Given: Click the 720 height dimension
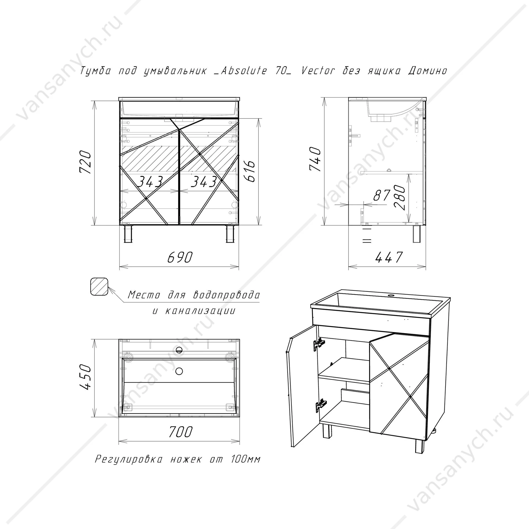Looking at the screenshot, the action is (85, 162).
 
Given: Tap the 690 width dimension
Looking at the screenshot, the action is (180, 257).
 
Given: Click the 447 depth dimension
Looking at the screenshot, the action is (389, 257).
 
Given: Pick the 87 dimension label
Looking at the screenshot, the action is (382, 195).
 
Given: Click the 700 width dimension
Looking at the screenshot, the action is (180, 432).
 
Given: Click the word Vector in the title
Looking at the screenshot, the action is (318, 71).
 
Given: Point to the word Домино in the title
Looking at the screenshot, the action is (428, 71).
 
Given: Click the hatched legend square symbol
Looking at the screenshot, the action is (99, 287).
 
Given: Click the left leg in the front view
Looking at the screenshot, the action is (128, 234).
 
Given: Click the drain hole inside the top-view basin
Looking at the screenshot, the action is (179, 371).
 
